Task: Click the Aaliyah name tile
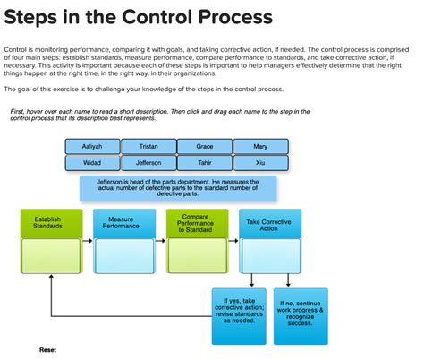[x=92, y=146]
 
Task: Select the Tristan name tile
[x=148, y=146]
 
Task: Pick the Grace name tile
[x=205, y=146]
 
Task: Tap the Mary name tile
[x=260, y=146]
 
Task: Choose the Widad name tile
[x=92, y=162]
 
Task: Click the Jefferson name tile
[x=148, y=162]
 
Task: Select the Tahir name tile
[x=205, y=162]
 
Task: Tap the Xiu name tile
[x=260, y=162]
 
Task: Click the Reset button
[x=47, y=349]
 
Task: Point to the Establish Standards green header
[x=50, y=223]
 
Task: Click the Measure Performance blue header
[x=124, y=223]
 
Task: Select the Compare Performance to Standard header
[x=198, y=223]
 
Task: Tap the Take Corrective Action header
[x=270, y=223]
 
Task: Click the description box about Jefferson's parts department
[x=176, y=189]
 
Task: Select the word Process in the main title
[x=228, y=18]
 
